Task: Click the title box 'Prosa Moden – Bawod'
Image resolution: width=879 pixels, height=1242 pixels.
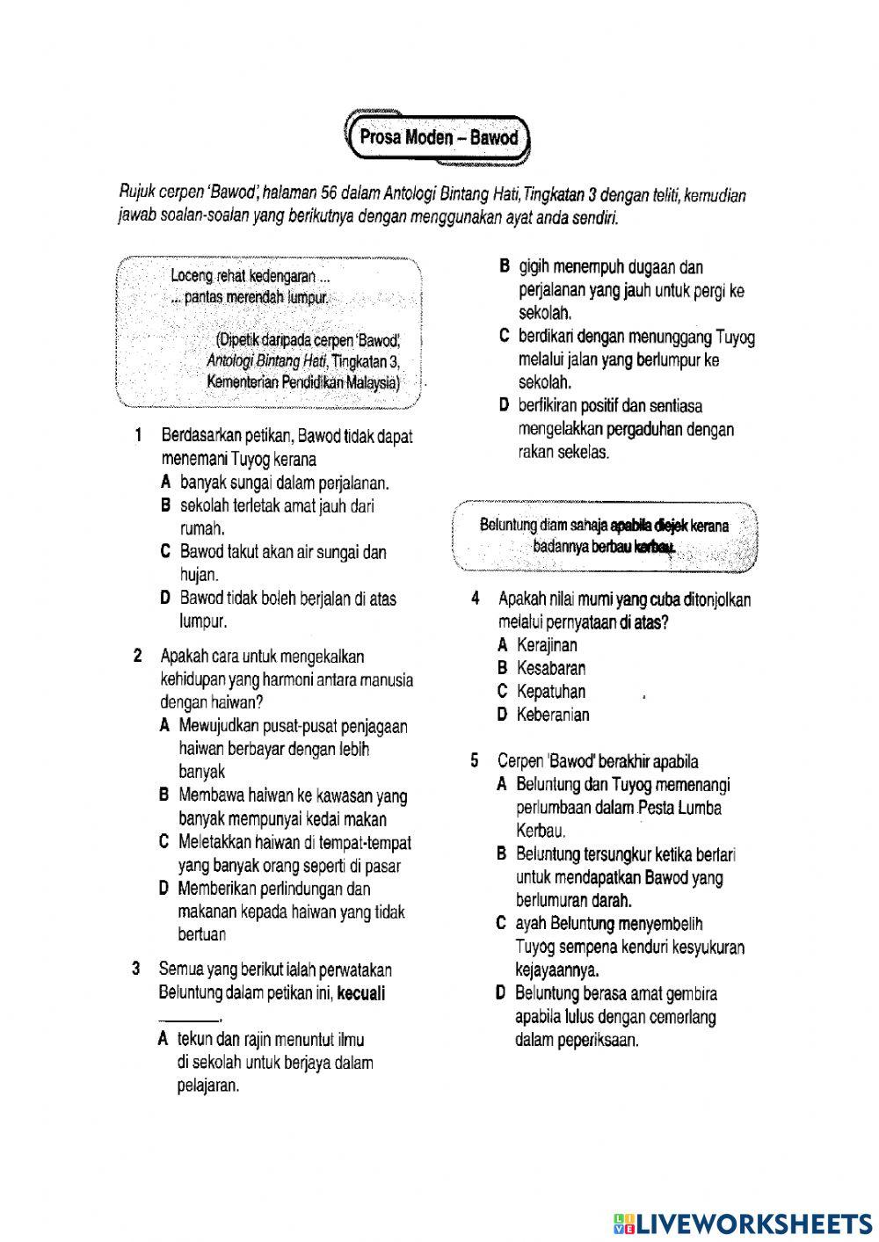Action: (x=439, y=138)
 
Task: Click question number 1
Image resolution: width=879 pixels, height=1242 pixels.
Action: (x=139, y=436)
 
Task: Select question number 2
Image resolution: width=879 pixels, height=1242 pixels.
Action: (x=138, y=656)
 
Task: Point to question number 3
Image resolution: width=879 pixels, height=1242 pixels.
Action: (x=136, y=970)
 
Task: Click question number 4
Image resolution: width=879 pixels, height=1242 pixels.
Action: (x=476, y=599)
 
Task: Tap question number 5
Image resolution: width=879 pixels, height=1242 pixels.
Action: (x=476, y=760)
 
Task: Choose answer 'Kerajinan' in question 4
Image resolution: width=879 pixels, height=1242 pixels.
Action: (x=547, y=645)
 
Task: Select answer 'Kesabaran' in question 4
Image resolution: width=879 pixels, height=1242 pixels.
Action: (x=551, y=668)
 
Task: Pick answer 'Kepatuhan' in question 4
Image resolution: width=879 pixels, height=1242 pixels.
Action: (x=551, y=692)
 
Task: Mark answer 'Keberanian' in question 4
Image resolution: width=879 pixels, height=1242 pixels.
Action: (x=553, y=715)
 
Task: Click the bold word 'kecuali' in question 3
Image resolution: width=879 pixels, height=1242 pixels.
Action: (x=361, y=993)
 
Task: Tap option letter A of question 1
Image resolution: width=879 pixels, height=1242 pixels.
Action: (x=165, y=483)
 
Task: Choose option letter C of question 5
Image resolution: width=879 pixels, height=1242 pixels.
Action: (x=501, y=924)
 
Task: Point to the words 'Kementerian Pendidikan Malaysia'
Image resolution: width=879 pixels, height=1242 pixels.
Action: (x=303, y=382)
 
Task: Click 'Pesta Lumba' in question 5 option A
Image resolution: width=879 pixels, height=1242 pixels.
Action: (x=680, y=808)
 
